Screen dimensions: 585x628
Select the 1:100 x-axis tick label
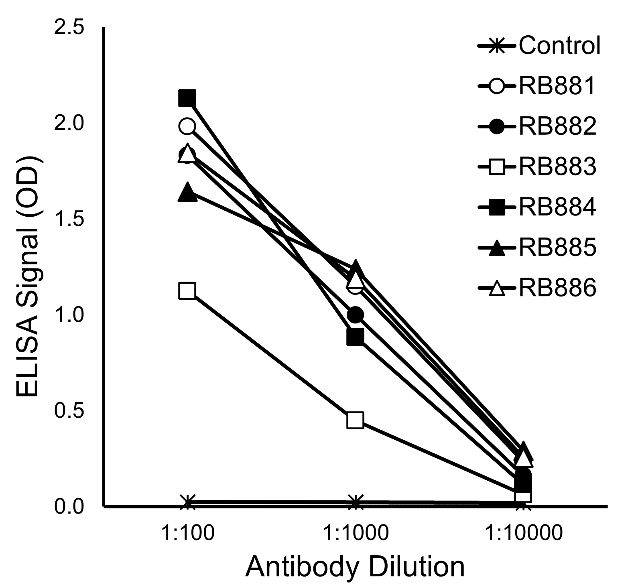tap(187, 533)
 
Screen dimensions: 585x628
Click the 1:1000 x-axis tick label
tap(356, 533)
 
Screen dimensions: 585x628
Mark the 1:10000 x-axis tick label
tap(523, 533)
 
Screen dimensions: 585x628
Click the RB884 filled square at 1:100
tap(187, 97)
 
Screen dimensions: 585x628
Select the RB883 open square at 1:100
tap(187, 290)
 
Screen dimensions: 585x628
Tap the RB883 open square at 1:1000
tap(356, 420)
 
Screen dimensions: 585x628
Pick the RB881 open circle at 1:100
tap(187, 126)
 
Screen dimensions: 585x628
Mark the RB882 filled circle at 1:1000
tap(356, 315)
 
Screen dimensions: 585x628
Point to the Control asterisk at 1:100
tap(187, 502)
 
